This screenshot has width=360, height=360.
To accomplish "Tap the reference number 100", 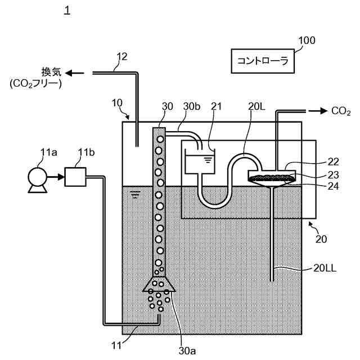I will (x=306, y=40).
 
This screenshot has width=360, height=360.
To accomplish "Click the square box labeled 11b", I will (x=75, y=177).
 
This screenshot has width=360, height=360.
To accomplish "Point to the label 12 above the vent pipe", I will (x=121, y=56).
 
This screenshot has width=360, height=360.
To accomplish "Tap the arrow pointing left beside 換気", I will (x=76, y=73).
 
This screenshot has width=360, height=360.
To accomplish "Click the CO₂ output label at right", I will (x=341, y=111).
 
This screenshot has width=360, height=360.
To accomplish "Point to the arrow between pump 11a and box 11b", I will (x=56, y=177).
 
